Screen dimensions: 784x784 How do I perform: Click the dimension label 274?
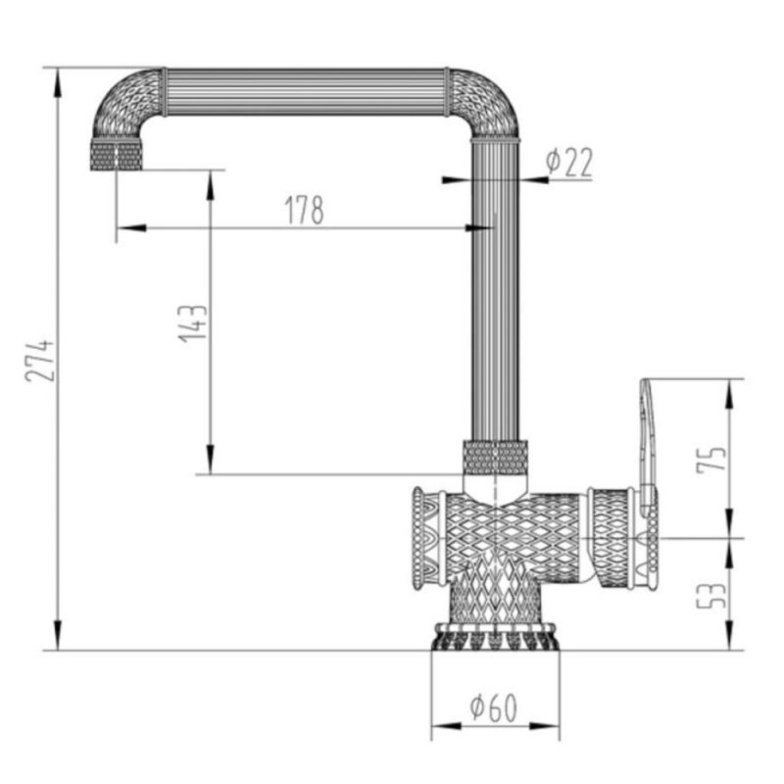pyautogui.click(x=39, y=361)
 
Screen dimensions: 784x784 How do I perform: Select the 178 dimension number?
pyautogui.click(x=305, y=210)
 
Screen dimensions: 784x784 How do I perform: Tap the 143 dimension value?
pyautogui.click(x=193, y=323)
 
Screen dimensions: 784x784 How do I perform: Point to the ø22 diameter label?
pyautogui.click(x=569, y=162)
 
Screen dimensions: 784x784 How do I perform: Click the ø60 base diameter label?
pyautogui.click(x=494, y=708)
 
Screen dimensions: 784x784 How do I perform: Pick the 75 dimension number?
pyautogui.click(x=711, y=457)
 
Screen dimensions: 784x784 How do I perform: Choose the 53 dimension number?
pyautogui.click(x=711, y=596)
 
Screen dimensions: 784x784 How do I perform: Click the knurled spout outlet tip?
pyautogui.click(x=116, y=156)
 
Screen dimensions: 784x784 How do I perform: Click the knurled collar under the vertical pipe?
pyautogui.click(x=496, y=457)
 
